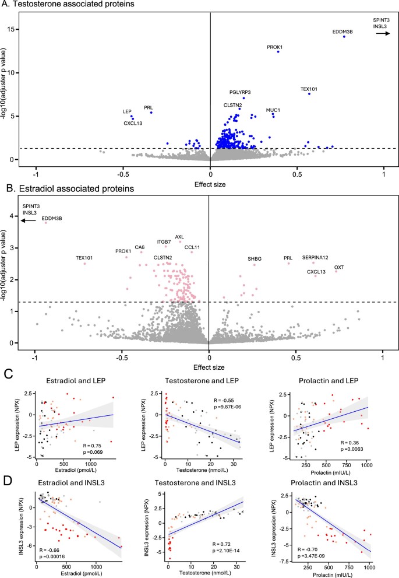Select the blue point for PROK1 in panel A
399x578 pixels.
click(x=278, y=52)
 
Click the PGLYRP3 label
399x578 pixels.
click(x=240, y=92)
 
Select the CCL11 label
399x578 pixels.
click(x=192, y=247)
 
